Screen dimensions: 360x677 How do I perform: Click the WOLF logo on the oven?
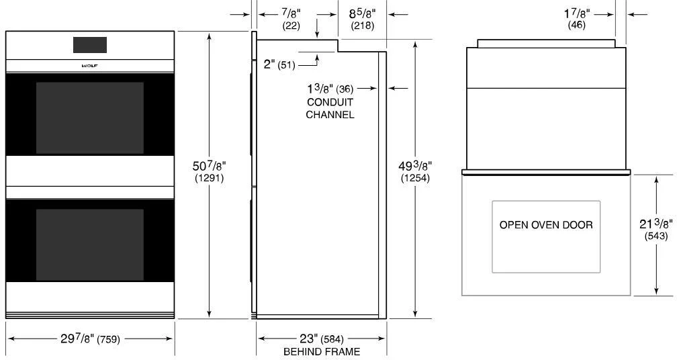(89, 66)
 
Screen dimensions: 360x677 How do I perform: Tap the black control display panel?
(89, 45)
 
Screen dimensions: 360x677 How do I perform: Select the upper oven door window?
(89, 118)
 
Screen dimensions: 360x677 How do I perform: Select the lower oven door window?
(89, 244)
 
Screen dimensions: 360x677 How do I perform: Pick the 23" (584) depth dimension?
(321, 339)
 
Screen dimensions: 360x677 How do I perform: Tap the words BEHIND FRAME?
(321, 352)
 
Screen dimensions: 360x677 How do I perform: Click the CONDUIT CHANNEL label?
(330, 108)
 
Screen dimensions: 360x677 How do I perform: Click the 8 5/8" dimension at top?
(363, 13)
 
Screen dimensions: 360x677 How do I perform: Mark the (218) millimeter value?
(363, 26)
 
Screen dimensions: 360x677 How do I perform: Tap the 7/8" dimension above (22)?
(291, 13)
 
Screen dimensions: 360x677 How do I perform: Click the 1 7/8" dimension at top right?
(576, 13)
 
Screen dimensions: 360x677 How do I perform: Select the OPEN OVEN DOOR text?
(546, 225)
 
